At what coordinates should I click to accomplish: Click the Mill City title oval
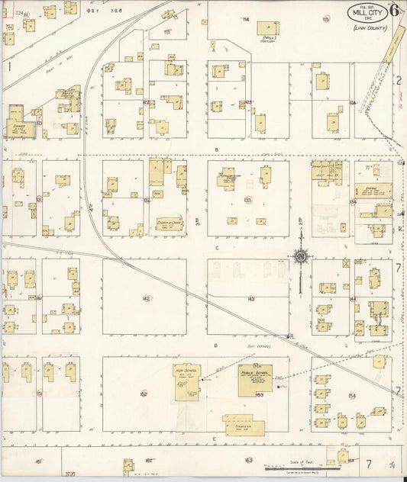point(367,13)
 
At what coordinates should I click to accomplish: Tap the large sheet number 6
point(394,11)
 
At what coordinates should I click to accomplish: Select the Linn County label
point(370,28)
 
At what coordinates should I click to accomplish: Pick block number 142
point(146,298)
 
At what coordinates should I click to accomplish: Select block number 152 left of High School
point(144,394)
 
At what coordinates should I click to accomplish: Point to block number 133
point(247,200)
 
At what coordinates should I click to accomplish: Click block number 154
point(351,395)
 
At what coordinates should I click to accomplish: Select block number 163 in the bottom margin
point(248,460)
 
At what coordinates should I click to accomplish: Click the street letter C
point(217,247)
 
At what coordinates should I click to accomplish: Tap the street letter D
point(217,345)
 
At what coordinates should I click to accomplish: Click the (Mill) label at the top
point(268,37)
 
